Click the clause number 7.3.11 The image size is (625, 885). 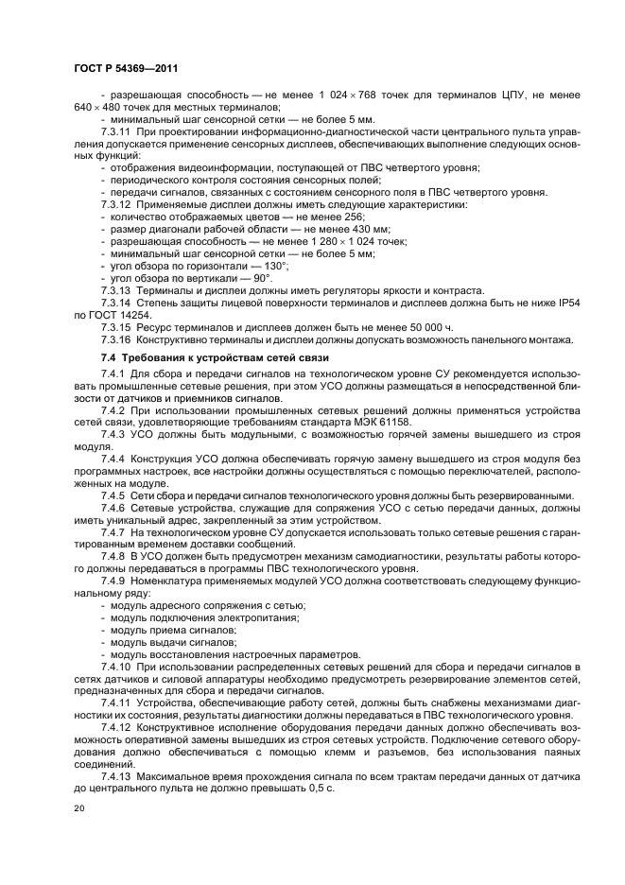coord(118,132)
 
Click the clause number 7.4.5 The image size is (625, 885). coord(115,495)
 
